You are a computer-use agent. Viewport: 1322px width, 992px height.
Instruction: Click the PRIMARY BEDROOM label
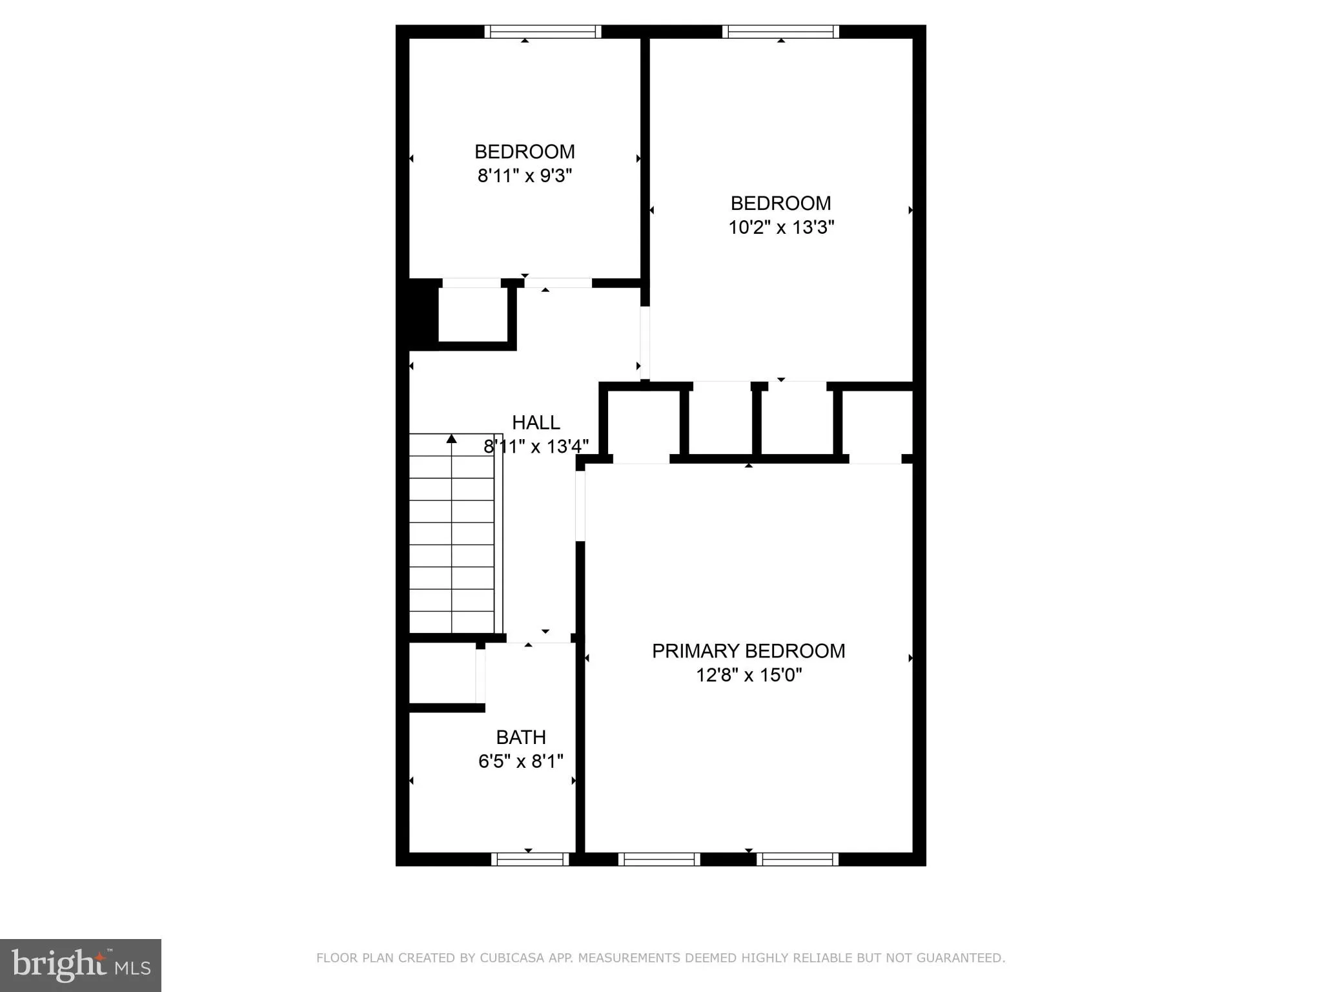pos(748,651)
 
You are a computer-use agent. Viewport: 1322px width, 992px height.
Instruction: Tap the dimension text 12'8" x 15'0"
pos(748,676)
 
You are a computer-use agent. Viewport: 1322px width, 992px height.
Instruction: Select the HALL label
pos(536,422)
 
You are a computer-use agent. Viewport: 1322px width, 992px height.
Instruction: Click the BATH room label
pos(521,737)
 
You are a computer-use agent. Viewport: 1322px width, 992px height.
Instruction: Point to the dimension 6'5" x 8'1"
pos(521,761)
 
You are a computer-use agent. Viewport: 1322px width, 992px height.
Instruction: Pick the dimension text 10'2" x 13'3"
pos(781,227)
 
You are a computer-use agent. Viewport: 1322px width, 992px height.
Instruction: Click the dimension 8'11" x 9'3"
pos(525,176)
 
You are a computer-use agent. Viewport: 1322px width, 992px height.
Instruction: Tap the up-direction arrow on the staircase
pos(452,439)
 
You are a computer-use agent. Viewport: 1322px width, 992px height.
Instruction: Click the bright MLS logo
pos(81,966)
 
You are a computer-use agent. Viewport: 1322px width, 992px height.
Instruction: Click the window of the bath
pos(530,859)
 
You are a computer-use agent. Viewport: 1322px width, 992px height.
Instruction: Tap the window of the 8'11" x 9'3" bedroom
pos(543,32)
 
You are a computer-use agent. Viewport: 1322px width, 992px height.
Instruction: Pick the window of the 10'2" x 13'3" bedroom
pos(780,32)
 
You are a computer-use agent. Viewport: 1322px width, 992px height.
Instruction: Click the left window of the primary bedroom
pos(659,859)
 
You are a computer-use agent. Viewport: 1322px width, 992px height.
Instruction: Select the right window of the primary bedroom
pos(797,859)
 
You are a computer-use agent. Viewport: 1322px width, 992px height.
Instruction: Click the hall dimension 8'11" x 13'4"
pos(536,446)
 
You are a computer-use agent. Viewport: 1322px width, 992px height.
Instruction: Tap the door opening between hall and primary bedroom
pos(580,506)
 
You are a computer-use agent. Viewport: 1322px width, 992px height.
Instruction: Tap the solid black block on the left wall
pos(423,314)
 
